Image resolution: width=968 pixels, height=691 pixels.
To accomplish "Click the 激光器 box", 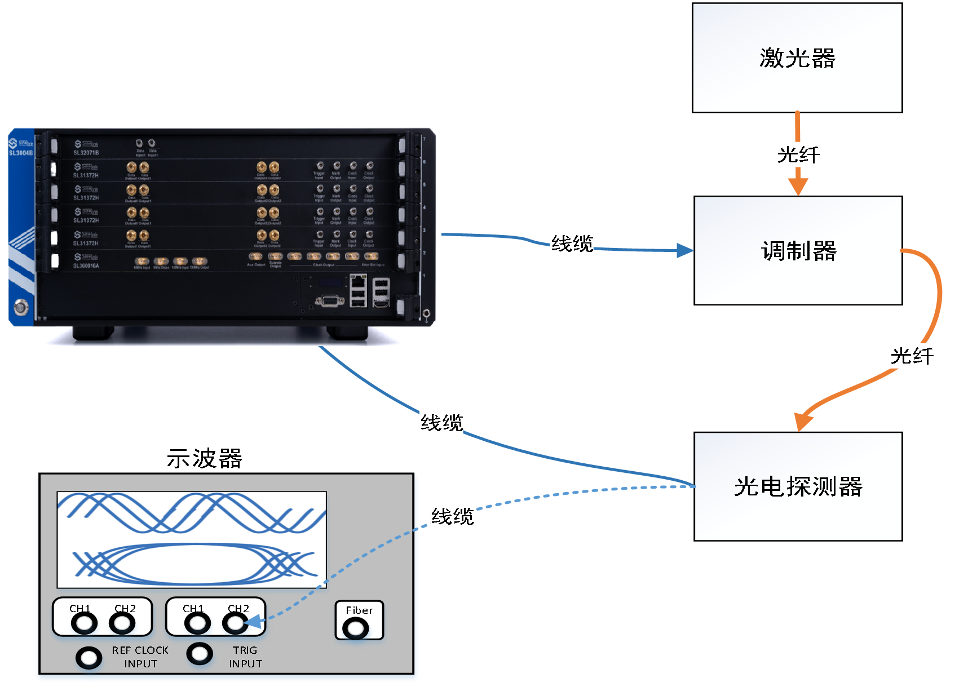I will [x=797, y=58].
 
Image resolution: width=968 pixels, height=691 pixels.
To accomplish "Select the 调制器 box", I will [x=798, y=251].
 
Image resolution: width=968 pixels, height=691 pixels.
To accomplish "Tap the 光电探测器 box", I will [x=798, y=486].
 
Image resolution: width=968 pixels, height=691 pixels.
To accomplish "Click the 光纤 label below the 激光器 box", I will [x=798, y=155].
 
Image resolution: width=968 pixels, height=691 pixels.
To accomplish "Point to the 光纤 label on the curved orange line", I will [x=911, y=356].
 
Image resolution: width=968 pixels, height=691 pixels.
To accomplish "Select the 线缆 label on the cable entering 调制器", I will [x=572, y=244].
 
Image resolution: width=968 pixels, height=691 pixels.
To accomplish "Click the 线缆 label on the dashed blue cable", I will [x=452, y=516].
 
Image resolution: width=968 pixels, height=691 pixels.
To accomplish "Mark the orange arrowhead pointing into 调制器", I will [x=798, y=186].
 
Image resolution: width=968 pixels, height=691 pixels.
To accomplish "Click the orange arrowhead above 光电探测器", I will [x=803, y=421].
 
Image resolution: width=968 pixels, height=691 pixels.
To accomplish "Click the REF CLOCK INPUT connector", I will [x=89, y=658].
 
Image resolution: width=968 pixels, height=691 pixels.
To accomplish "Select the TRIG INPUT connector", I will [x=200, y=654].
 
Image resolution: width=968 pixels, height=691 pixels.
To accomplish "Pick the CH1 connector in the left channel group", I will [x=84, y=623].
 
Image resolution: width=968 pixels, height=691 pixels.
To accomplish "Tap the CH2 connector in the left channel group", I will [x=122, y=623].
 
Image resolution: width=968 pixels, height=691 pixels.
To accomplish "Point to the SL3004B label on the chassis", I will [x=21, y=153].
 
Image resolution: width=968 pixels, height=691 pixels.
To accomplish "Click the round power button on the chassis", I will [x=20, y=307].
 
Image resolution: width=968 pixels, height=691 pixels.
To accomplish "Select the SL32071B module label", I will [x=86, y=152].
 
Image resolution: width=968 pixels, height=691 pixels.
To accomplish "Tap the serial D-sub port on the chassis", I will [x=330, y=302].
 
